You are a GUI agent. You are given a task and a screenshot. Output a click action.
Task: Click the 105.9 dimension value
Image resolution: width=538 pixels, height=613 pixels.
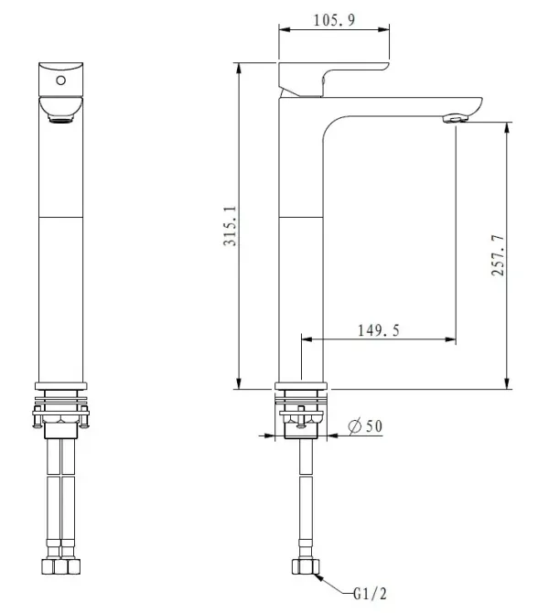334,19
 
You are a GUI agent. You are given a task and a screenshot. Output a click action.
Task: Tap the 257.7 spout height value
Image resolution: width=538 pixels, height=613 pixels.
497,258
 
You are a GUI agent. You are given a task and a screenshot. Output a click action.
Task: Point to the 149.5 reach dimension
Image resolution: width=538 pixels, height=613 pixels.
378,330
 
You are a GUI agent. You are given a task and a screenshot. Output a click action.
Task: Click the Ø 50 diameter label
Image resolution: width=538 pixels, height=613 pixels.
367,426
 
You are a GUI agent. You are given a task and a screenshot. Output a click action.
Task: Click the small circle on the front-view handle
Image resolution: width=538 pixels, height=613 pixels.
61,81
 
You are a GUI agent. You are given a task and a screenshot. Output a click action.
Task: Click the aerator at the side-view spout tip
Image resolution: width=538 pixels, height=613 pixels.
456,118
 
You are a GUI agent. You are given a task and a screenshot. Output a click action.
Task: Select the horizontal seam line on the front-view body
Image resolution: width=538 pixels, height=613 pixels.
61,217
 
